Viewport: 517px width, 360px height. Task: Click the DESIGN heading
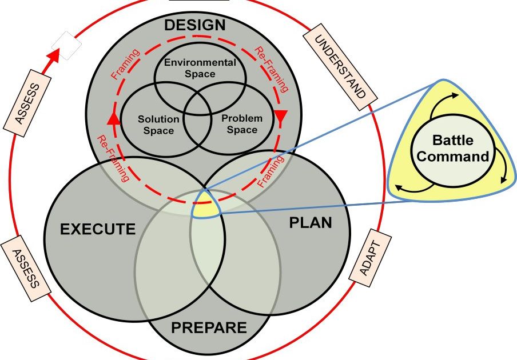click(194, 25)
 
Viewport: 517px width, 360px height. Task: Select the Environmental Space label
click(200, 68)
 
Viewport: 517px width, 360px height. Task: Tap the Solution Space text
click(158, 125)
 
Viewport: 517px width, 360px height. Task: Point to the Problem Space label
click(242, 123)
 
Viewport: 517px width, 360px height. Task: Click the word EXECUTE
click(98, 230)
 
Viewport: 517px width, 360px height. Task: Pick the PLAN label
click(311, 222)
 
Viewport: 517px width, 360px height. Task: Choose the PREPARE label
click(209, 328)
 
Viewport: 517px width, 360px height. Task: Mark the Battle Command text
click(452, 148)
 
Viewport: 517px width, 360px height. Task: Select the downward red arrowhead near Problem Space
click(281, 117)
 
